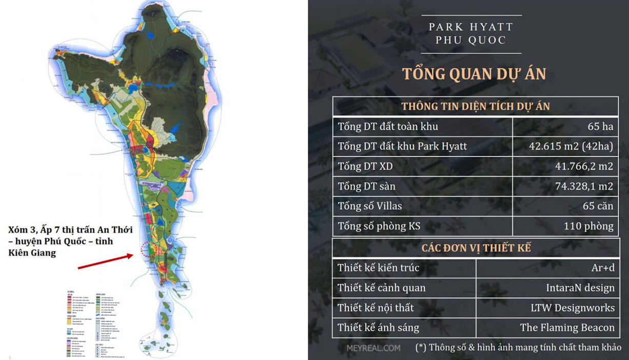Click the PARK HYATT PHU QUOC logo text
pos(470,33)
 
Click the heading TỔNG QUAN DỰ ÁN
pos(474,74)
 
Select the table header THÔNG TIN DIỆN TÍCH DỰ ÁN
pos(475,106)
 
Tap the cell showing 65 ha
pos(600,127)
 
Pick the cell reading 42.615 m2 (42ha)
pos(571,147)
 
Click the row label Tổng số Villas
pos(369,206)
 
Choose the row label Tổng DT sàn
pos(366,186)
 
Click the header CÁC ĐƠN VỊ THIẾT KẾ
pos(476,248)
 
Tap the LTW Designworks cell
pos(573,308)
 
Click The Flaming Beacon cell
pos(567,328)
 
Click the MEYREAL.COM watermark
pos(373,348)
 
